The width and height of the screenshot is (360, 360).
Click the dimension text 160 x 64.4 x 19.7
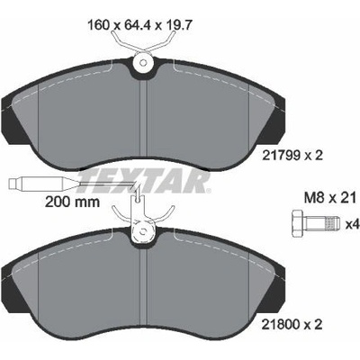click(139, 25)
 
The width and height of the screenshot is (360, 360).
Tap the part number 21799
click(282, 156)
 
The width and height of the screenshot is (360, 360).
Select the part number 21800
click(282, 324)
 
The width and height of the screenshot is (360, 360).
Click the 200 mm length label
click(72, 202)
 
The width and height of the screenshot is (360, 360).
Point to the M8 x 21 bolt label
click(330, 198)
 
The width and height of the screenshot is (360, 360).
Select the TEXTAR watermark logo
click(144, 181)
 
